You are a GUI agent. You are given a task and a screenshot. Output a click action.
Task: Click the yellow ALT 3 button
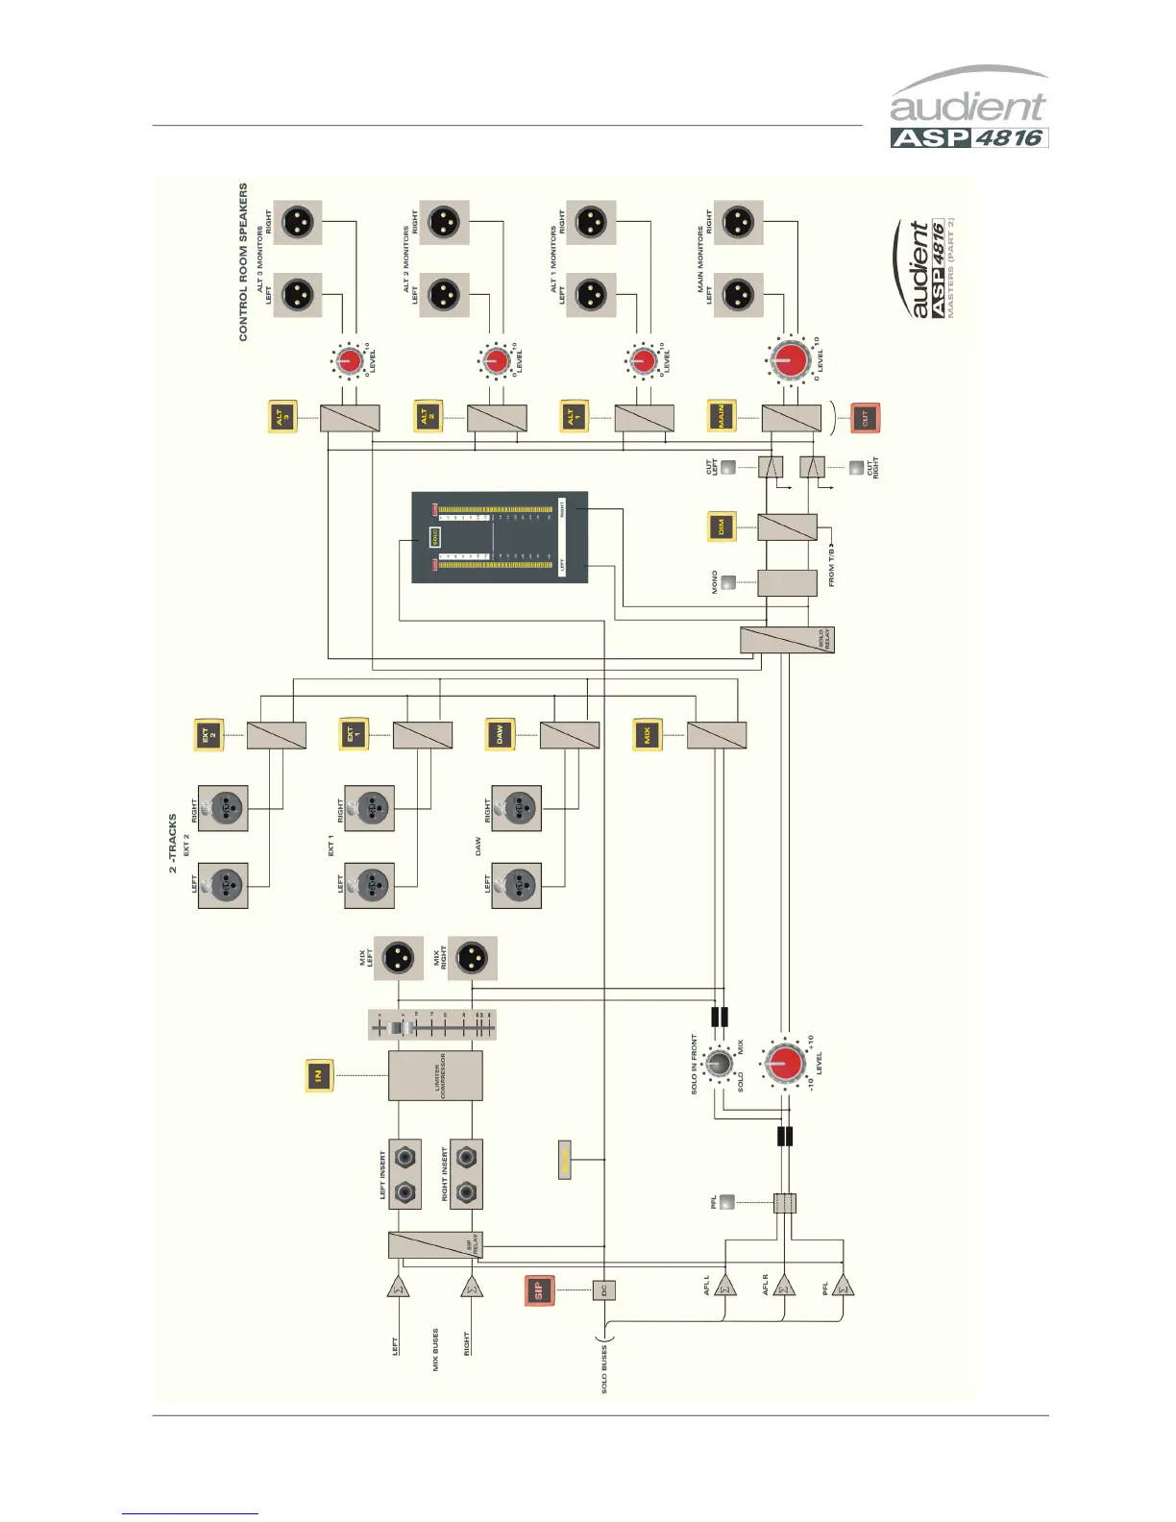tap(281, 418)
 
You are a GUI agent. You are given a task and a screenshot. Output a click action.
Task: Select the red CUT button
tap(865, 418)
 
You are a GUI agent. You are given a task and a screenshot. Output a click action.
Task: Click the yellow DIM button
tap(722, 527)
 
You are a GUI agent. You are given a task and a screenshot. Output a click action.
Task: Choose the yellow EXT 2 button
tap(208, 735)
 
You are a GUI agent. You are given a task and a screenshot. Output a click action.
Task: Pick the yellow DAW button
tap(500, 735)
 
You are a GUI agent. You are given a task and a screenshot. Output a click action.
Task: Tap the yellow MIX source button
tap(648, 735)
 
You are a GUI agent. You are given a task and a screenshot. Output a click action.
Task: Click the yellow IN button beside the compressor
tap(319, 1075)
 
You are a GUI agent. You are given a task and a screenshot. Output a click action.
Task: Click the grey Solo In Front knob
tap(717, 1064)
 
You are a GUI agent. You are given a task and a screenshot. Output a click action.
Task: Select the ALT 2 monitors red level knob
tap(495, 361)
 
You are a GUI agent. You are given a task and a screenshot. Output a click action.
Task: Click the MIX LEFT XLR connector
tap(398, 958)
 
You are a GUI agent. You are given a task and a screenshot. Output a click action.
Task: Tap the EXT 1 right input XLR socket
tap(369, 809)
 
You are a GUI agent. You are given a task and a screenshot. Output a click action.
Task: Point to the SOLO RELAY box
tap(787, 640)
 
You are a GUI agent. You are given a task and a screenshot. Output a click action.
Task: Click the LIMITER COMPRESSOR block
tap(435, 1075)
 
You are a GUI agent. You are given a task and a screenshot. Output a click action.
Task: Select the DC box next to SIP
tap(603, 1290)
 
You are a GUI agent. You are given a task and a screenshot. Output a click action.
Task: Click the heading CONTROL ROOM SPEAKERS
tap(243, 261)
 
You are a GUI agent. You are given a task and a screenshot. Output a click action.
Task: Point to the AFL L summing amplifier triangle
tap(724, 1285)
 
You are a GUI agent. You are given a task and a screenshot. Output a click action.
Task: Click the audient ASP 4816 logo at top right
tap(968, 108)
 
